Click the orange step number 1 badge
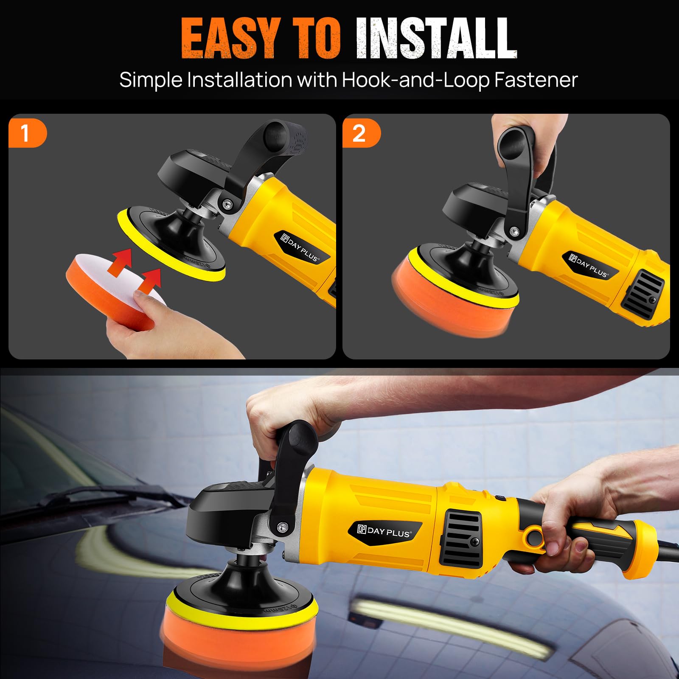[27, 133]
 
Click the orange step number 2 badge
[361, 133]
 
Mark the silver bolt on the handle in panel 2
[515, 232]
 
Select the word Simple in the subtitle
[150, 81]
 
